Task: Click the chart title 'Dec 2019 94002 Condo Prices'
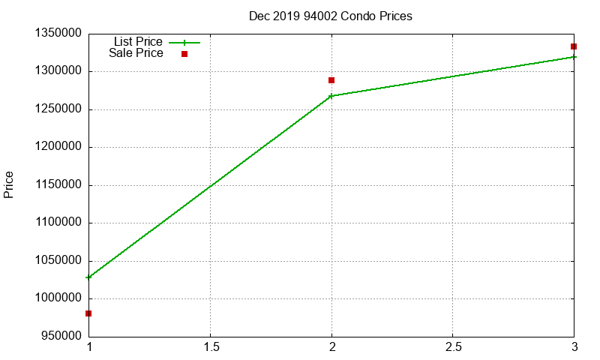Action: (330, 16)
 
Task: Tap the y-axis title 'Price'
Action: (9, 184)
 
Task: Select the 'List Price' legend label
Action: (138, 42)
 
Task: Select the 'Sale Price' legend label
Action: (136, 53)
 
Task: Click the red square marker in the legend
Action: (184, 54)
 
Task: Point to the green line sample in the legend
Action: (184, 43)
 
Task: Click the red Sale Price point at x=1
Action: (88, 313)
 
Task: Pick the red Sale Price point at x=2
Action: (331, 80)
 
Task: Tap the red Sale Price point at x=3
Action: (574, 46)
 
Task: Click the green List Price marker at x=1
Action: (88, 277)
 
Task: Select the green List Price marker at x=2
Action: (331, 96)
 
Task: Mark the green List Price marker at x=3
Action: (574, 57)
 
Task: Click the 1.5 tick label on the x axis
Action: (210, 348)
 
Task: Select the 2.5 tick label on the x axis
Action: (452, 348)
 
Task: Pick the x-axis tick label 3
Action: (574, 348)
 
